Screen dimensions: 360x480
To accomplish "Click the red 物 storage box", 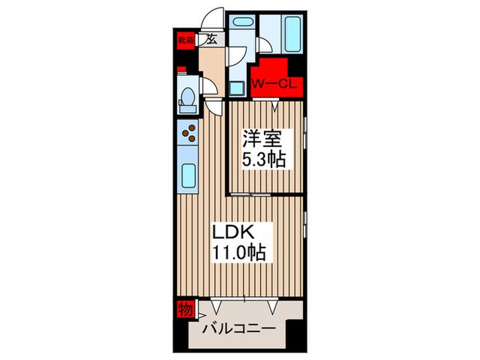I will [183, 308].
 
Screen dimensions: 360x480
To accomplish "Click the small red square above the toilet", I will [181, 69].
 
